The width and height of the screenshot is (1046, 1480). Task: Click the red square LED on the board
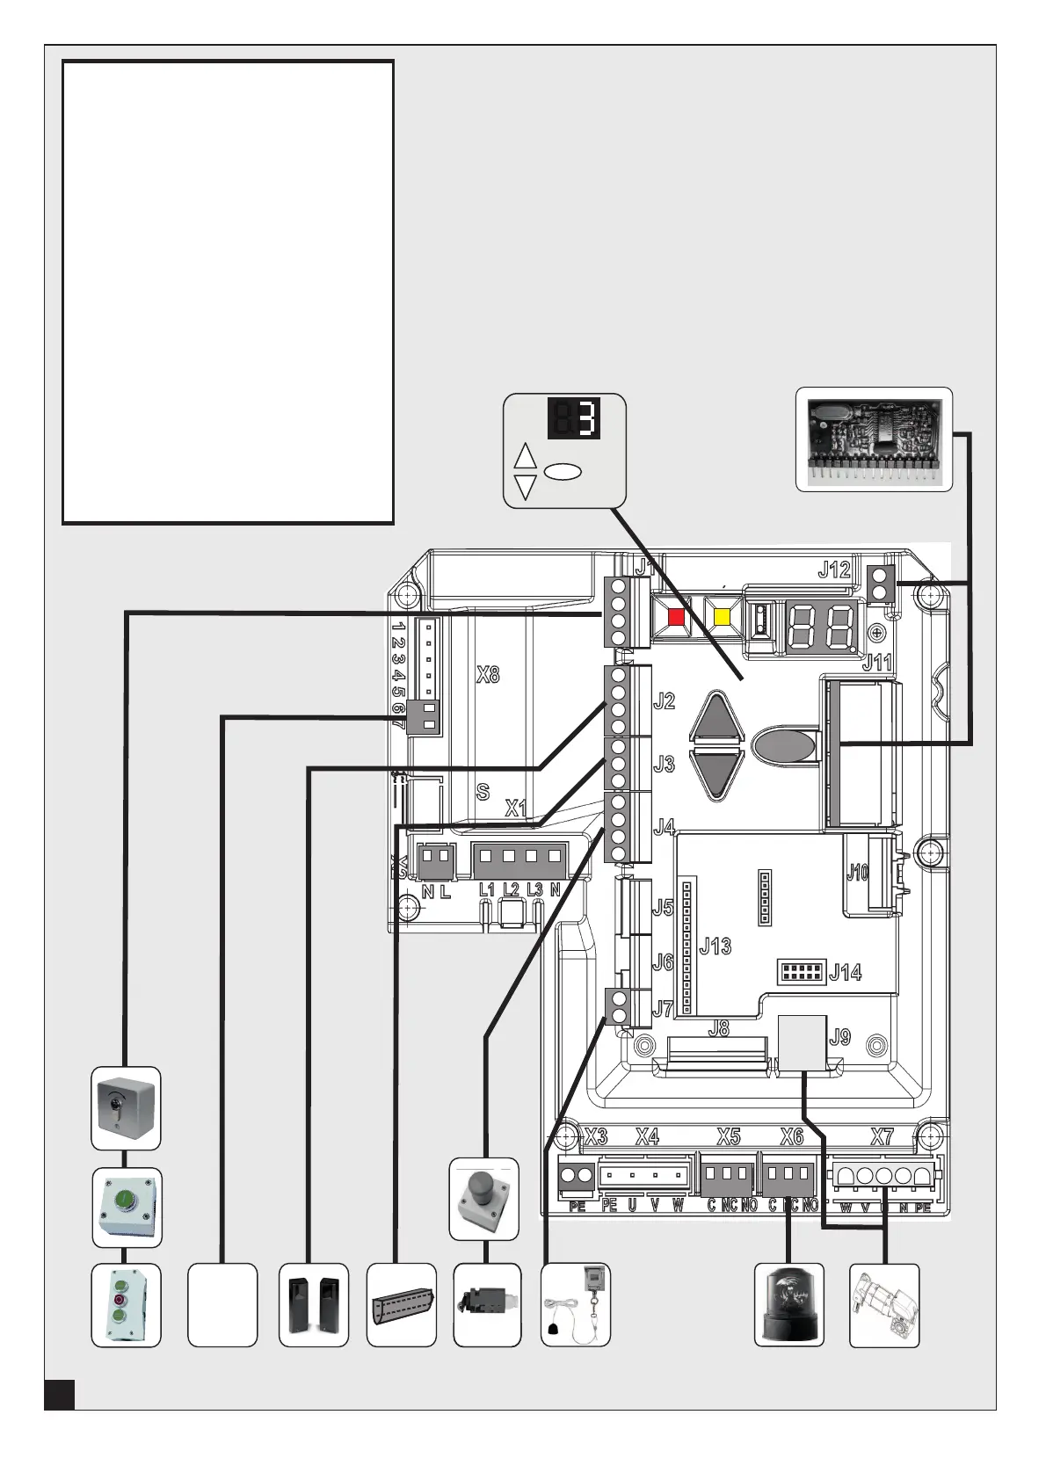click(676, 616)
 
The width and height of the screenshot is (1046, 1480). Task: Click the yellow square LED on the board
click(722, 616)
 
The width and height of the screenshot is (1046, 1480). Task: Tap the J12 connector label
click(833, 570)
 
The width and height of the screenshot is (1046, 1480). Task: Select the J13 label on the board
click(715, 947)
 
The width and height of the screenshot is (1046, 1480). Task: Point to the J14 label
click(845, 972)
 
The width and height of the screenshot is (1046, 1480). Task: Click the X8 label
click(488, 675)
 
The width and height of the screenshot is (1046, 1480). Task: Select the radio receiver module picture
click(874, 439)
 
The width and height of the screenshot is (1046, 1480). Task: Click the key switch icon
click(126, 1107)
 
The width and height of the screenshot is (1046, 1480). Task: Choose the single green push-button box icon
click(127, 1207)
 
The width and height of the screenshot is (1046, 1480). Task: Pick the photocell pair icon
click(314, 1304)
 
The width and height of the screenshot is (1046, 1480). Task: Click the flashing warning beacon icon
click(788, 1304)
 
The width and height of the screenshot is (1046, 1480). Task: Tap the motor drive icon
click(883, 1304)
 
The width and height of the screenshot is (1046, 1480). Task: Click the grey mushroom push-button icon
click(483, 1199)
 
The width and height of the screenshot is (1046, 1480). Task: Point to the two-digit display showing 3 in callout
click(575, 418)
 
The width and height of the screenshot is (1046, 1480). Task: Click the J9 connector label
click(840, 1037)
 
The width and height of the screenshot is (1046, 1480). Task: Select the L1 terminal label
click(486, 890)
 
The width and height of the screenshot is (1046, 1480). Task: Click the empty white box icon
click(222, 1304)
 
